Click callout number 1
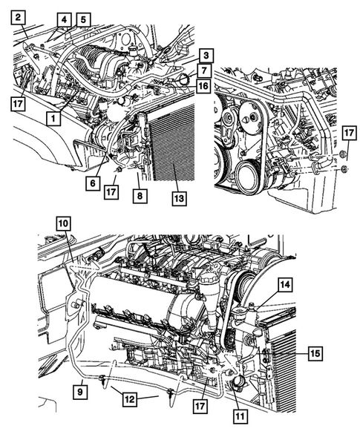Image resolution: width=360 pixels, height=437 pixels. pos(52,117)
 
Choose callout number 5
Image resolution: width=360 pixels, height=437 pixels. pos(83,19)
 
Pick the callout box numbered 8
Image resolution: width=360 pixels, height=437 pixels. pos(138,196)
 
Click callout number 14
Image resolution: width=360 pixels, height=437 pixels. pos(285,283)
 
